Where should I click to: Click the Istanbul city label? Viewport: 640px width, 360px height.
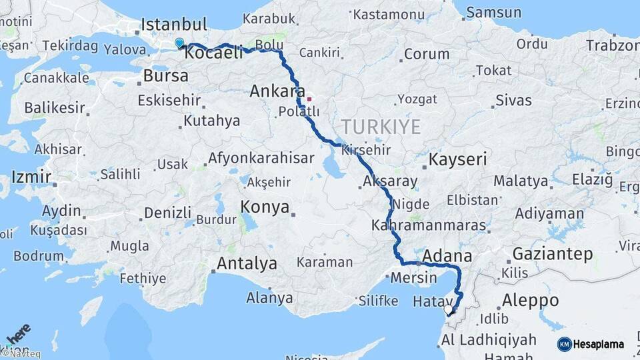(175, 25)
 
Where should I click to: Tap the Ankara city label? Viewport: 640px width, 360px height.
(277, 91)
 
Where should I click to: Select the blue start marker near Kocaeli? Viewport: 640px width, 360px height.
(179, 43)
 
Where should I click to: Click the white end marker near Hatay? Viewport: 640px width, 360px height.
(448, 309)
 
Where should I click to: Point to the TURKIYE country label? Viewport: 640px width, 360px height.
(381, 127)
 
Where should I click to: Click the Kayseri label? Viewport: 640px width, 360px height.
(457, 160)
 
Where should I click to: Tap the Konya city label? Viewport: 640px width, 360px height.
(265, 207)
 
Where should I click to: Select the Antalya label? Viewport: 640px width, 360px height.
(247, 263)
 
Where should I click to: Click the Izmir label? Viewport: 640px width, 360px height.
(31, 177)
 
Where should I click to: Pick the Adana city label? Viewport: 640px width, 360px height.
(447, 256)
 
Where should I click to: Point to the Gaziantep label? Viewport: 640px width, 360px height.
(553, 254)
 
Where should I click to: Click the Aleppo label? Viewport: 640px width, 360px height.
(531, 300)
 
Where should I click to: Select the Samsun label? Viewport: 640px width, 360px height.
(493, 13)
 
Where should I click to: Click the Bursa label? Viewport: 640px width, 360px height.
(166, 75)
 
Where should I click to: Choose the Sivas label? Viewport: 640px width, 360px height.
(513, 101)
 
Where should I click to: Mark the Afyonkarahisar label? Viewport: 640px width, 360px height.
(261, 159)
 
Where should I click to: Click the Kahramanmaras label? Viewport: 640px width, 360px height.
(437, 225)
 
